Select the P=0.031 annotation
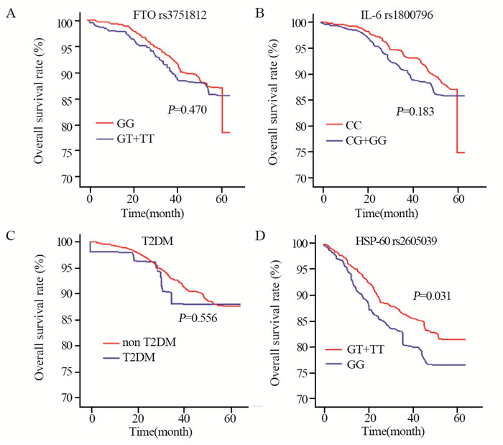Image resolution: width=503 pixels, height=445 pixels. click(x=430, y=295)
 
